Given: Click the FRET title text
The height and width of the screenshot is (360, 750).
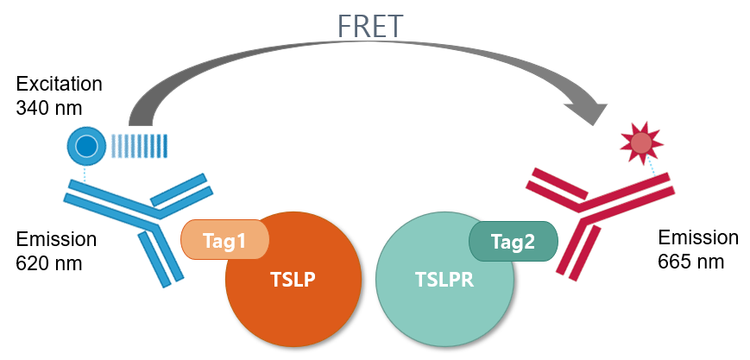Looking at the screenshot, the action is click(370, 26).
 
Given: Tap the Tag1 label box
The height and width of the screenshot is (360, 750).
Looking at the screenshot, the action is click(224, 239).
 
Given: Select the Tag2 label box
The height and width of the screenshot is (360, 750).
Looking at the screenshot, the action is click(514, 241).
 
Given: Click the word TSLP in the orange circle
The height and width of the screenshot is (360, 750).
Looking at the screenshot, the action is click(293, 280).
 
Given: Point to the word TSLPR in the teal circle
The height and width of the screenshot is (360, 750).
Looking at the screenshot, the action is click(444, 280).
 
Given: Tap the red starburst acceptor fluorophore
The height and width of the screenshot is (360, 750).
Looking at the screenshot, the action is click(642, 142).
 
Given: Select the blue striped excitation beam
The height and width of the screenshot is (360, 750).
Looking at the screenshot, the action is click(140, 146).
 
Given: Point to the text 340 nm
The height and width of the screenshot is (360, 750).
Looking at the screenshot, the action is click(49, 108).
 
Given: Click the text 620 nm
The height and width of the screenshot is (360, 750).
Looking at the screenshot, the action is click(49, 262).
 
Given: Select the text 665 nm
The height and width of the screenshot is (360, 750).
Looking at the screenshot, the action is click(691, 262).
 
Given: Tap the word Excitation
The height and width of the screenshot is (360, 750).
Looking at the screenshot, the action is click(60, 84).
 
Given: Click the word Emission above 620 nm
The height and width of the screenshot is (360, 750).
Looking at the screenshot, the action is click(56, 239).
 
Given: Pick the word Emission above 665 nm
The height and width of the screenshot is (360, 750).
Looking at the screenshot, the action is click(698, 237).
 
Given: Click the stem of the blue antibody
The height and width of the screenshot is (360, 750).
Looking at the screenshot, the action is click(161, 257).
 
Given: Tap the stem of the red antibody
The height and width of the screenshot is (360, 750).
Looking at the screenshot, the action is click(577, 251).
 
